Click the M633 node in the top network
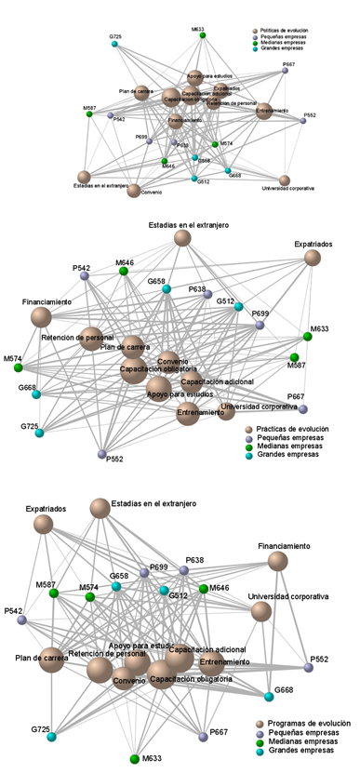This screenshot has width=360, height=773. (203, 35)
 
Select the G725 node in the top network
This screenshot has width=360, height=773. (115, 43)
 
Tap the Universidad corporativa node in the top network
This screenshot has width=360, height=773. (285, 180)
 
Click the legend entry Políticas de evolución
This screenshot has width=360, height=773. (257, 31)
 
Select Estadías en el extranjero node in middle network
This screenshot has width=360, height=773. (182, 239)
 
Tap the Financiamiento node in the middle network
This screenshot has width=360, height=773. (41, 317)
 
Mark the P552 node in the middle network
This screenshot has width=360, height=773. (102, 453)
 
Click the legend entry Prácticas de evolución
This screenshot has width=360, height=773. (248, 431)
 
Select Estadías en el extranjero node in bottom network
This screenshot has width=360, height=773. (100, 507)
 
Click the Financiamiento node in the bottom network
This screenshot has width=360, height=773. (277, 561)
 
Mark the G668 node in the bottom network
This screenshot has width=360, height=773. (270, 690)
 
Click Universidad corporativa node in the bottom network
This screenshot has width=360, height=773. (261, 610)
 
